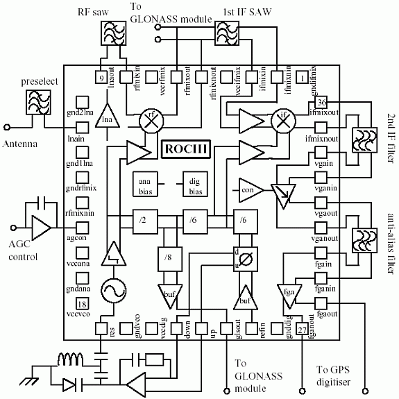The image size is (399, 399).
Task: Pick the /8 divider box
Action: coord(169,257)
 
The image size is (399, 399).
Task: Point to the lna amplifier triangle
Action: coord(106,119)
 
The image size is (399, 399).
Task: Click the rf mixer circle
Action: coord(150,119)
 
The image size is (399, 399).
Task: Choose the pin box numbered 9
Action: coord(102,78)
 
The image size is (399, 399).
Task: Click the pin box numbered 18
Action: coord(81,303)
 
